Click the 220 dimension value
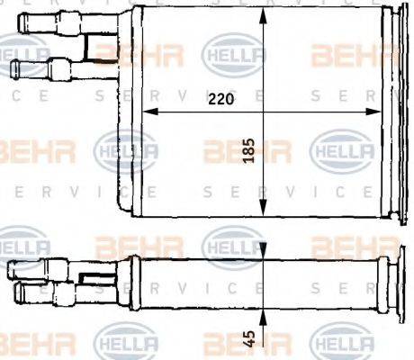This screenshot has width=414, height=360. click(220, 100)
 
